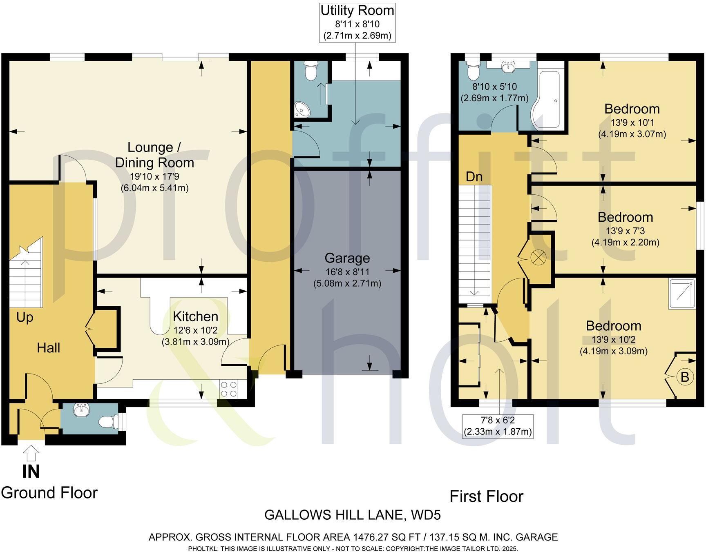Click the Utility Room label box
pos(357,22)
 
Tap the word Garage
pos(347,258)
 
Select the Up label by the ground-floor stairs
pos(25,317)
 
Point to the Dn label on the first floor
pos(474,177)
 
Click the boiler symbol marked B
pos(685,377)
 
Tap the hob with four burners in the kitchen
pos(229,389)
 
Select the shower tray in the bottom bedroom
pos(681,294)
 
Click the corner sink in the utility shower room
pos(303,109)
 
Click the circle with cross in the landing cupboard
pos(536,257)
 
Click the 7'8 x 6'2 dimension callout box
pos(498,426)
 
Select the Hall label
pos(48,348)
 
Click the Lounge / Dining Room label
pos(154,155)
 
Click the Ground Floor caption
pos(49,493)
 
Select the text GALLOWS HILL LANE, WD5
pos(352,515)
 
